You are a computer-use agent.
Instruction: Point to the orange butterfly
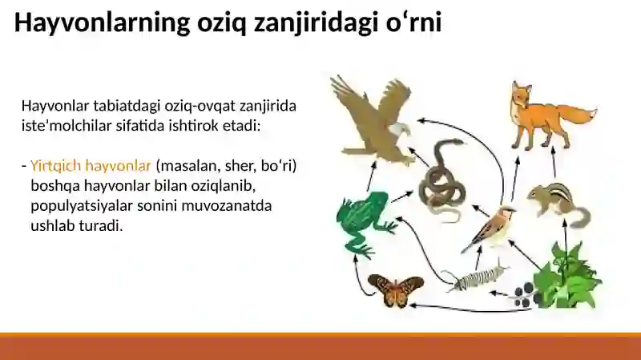point(395,289)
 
